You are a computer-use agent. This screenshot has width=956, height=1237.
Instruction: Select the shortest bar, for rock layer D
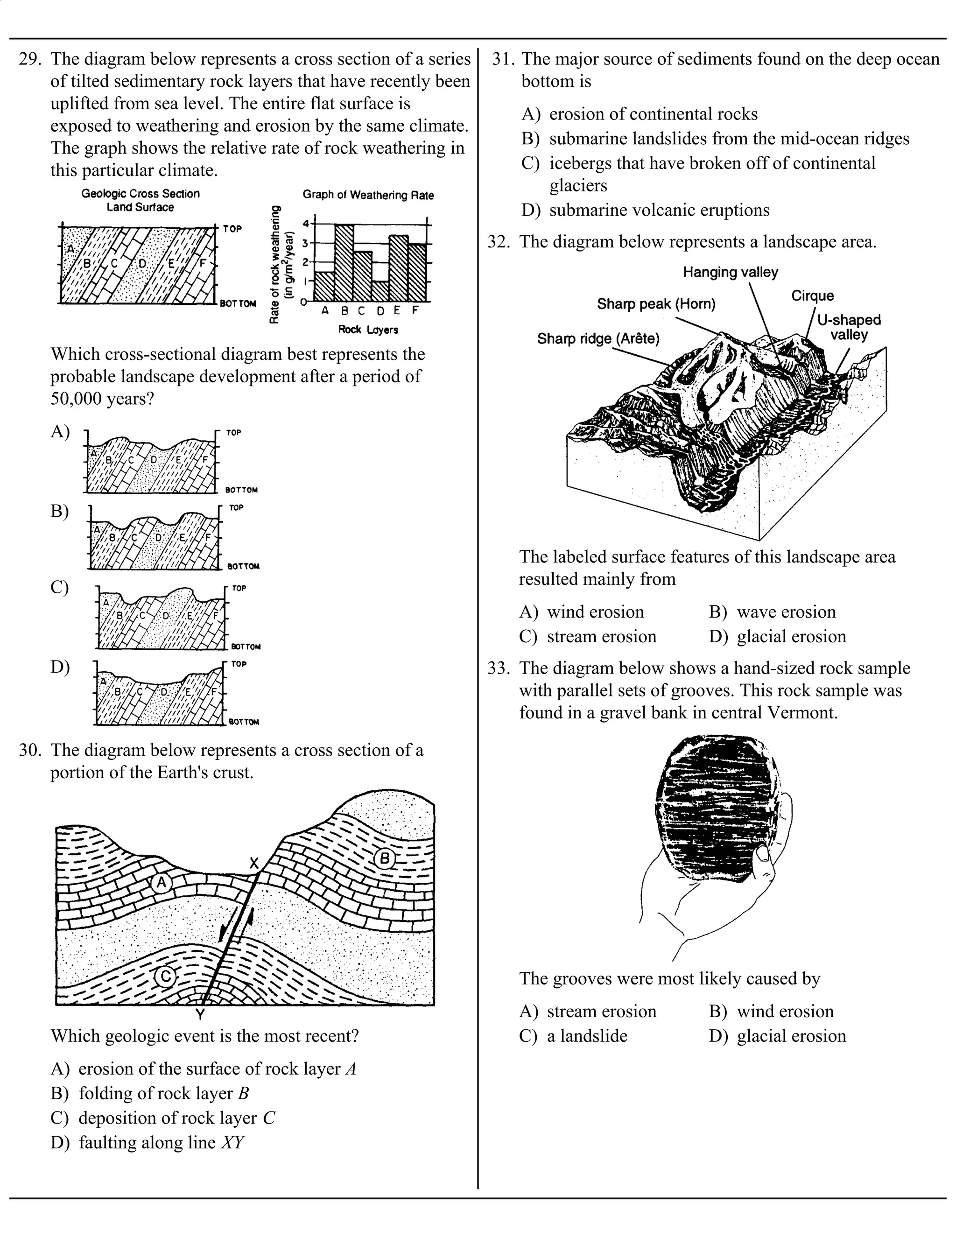tap(380, 291)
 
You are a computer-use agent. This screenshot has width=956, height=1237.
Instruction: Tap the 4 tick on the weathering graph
tap(306, 224)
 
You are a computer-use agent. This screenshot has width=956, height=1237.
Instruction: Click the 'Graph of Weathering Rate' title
tap(368, 195)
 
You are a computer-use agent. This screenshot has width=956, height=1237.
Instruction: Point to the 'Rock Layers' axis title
tap(368, 330)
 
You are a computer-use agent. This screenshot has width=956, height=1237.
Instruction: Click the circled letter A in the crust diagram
tap(162, 882)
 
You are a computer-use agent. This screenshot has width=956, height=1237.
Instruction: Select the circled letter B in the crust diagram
tap(385, 858)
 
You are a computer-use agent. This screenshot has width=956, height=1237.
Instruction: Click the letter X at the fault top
tap(254, 863)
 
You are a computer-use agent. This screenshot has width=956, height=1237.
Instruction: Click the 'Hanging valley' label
tap(730, 273)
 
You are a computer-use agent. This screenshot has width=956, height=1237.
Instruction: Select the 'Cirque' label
tap(812, 295)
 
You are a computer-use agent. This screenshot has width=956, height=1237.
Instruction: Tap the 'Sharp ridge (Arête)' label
tap(598, 339)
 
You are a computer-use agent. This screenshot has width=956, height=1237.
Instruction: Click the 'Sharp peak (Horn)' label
tap(656, 304)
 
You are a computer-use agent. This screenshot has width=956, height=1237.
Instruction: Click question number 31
tap(501, 59)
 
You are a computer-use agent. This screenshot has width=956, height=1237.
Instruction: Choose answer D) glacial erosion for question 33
tap(778, 1036)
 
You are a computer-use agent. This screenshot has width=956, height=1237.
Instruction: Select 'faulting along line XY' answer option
tap(147, 1142)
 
